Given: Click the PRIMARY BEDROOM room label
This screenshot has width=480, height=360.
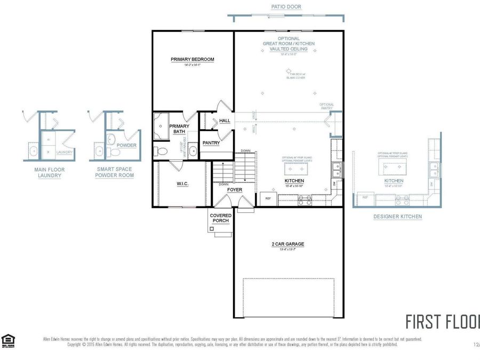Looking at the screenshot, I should coord(193,59).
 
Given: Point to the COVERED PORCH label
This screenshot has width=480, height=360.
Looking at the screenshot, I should coord(221,218).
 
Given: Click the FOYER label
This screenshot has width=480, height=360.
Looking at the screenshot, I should coord(235,190).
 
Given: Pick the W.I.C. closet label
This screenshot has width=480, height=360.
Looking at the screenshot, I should coord(183,184).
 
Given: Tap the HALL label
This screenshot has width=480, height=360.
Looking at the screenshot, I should coord(225,121).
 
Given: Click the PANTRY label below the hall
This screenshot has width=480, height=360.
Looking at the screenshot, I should coord(211,143).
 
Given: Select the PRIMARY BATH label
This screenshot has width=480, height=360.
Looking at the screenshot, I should coord(179,129).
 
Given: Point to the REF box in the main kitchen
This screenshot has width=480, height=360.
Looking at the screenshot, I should coord(268,198).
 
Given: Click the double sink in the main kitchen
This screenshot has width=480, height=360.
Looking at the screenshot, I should coord(337,170).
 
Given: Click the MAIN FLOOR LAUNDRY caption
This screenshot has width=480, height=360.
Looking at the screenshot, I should coord(49,172).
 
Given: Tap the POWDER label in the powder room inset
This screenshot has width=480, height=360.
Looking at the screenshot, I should coord(126,145).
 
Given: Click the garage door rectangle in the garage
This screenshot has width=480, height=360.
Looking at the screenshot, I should coord(290,297).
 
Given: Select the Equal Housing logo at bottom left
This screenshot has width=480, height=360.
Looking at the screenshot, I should coord(8,340).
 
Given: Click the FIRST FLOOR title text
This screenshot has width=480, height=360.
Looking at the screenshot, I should coord(442,322).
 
